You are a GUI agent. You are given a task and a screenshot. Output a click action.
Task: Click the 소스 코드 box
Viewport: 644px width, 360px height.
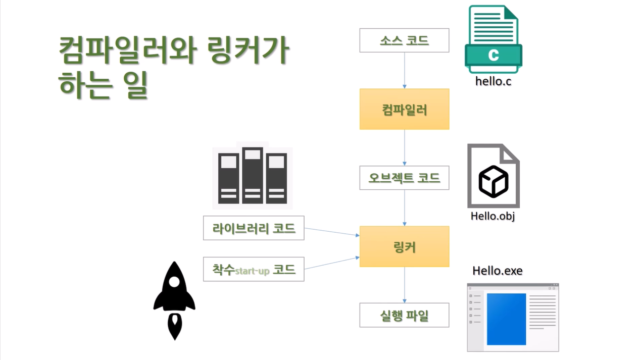click(x=404, y=40)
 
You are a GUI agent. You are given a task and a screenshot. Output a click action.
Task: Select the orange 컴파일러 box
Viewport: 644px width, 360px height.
click(x=404, y=109)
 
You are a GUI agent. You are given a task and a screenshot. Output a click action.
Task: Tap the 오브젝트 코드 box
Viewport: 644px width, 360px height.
click(x=404, y=178)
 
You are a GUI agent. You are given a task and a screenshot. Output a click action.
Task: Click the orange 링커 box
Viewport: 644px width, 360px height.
click(x=404, y=246)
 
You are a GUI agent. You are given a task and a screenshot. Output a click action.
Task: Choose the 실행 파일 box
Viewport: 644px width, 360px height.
click(x=404, y=315)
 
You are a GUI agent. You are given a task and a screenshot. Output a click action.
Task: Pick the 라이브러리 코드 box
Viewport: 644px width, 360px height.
click(x=253, y=228)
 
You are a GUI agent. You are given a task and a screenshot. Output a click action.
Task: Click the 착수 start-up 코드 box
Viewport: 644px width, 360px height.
click(x=253, y=269)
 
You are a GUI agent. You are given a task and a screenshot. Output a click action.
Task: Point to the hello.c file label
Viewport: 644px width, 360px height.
click(x=493, y=81)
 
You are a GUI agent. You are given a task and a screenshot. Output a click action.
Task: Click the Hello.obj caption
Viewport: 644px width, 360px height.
click(x=492, y=216)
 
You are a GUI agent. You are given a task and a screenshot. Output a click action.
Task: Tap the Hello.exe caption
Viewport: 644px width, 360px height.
click(x=497, y=271)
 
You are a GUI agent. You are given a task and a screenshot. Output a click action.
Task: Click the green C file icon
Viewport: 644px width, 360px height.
click(x=493, y=39)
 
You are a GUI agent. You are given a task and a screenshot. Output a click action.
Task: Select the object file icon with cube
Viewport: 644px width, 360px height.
click(x=493, y=176)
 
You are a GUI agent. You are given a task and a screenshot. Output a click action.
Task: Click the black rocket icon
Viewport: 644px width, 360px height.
click(x=174, y=300)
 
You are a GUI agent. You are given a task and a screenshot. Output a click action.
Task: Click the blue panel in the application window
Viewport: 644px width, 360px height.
click(x=506, y=319)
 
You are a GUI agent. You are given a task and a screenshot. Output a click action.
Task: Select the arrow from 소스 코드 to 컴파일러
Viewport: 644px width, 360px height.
click(x=405, y=70)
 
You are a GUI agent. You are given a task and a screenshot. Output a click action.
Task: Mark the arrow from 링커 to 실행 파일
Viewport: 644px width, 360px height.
click(x=405, y=285)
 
